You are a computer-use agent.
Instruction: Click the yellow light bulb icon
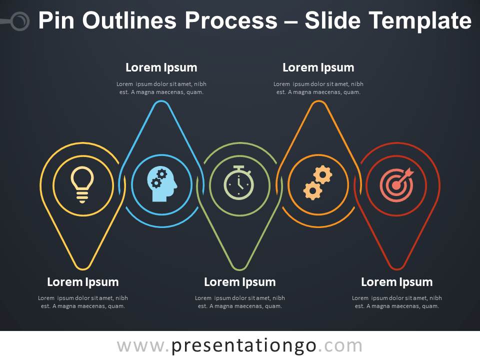coord(82,185)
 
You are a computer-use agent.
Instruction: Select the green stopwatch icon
coord(239,183)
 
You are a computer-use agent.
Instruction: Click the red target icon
coord(397,185)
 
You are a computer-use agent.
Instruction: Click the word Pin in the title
coord(56,20)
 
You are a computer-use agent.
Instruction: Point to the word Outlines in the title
coord(130,20)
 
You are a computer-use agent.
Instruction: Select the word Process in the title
coord(231,21)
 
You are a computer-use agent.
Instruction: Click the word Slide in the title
coord(333,20)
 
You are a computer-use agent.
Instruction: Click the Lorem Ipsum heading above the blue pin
coord(161,67)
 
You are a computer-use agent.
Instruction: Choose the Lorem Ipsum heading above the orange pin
coord(318,67)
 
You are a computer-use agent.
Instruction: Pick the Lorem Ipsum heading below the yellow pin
coord(83,282)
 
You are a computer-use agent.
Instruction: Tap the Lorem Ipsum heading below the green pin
coord(240,282)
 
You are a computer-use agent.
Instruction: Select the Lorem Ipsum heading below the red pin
coord(397,282)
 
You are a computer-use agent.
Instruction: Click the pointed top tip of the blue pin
coord(161,101)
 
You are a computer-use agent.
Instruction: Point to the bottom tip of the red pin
coord(397,269)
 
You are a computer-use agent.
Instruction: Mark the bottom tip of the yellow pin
coord(83,269)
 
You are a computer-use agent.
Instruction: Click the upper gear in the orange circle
coord(322,175)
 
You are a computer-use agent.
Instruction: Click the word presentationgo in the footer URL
coord(243,346)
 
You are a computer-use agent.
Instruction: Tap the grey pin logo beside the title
coord(19,21)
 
